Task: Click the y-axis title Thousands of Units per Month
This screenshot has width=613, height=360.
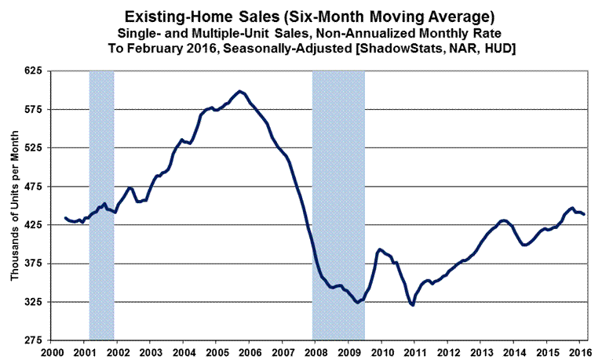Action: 14,206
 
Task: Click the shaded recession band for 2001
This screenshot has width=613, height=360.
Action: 102,205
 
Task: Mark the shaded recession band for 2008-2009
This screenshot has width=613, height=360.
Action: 338,205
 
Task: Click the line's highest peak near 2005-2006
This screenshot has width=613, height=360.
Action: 239,92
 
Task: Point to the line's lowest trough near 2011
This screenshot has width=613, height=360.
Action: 412,304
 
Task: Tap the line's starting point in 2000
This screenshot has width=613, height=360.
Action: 64,217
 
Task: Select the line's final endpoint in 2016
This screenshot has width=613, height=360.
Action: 584,214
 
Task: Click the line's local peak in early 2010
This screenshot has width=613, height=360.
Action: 380,249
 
